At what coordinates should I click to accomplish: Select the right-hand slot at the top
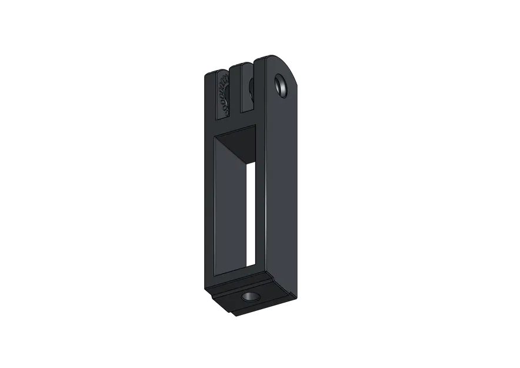[246, 88]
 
